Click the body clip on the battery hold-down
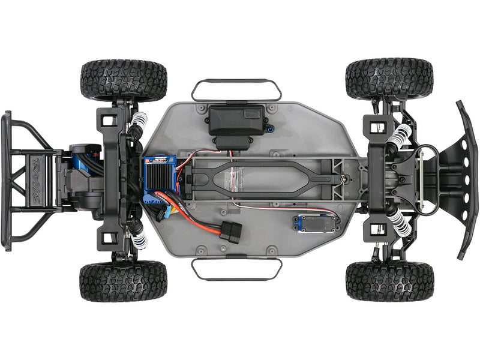(343, 176)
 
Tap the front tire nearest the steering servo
(389, 280)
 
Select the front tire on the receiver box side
(389, 78)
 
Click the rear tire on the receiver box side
(123, 79)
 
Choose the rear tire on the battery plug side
(123, 281)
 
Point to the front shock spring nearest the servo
(400, 225)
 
